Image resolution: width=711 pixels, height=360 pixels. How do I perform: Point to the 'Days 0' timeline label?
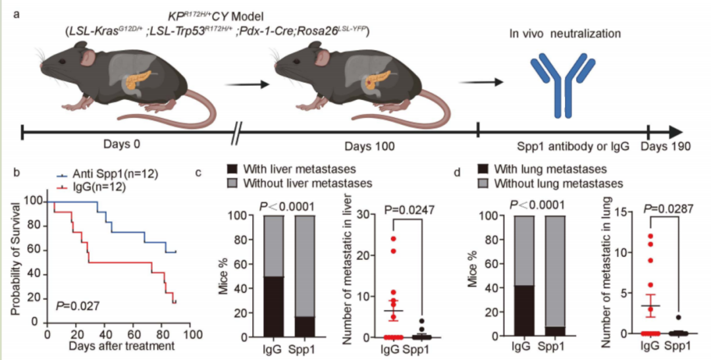[122, 145]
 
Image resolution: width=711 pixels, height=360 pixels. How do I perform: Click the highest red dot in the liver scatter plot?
[393, 238]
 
